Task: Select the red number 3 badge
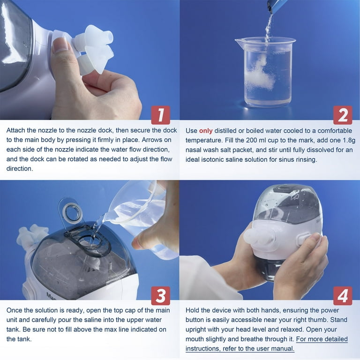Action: [x=161, y=296]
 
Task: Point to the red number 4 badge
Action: [x=343, y=296]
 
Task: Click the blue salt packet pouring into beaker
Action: [x=277, y=6]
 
